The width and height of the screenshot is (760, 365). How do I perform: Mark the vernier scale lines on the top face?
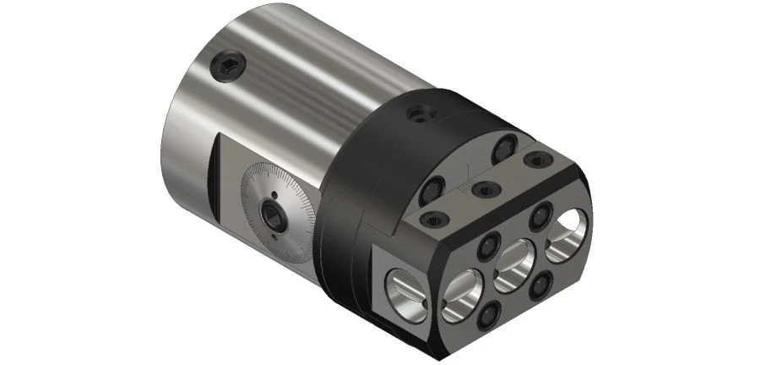462,182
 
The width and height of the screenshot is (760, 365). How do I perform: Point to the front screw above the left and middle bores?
488,247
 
